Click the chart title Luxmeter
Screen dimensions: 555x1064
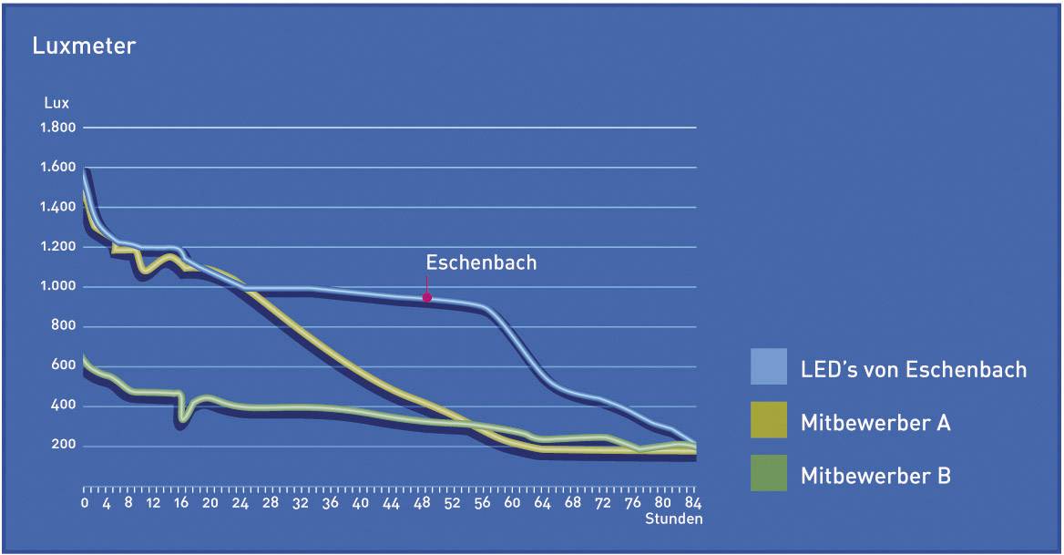coord(84,46)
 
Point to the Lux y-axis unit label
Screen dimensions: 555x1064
coord(56,103)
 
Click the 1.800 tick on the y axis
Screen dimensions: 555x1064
coord(57,128)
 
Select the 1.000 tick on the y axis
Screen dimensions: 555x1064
coord(57,287)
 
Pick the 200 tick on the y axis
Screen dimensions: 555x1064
coord(64,447)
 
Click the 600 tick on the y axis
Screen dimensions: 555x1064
coord(64,366)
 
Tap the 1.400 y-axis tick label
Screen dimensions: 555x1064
coord(57,208)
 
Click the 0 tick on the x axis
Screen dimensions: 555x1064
coord(85,502)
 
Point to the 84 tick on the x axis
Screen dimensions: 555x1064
coord(697,502)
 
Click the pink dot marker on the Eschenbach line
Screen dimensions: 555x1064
coord(426,297)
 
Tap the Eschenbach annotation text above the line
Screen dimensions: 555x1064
coord(481,262)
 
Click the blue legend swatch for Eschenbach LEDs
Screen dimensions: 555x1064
coord(769,366)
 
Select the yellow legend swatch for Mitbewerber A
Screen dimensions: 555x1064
coord(769,420)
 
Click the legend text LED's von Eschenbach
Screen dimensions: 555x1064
coord(913,369)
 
